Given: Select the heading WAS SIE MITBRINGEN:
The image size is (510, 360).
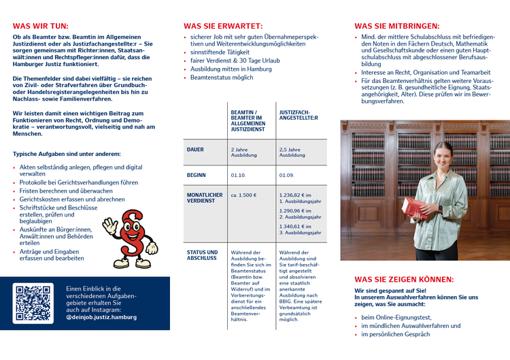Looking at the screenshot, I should coord(396,25).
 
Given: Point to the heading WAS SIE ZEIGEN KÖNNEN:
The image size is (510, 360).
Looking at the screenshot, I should coord(404,279).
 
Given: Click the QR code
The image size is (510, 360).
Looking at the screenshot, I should coord(33,303).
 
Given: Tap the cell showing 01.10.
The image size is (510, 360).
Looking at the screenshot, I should coord(238,175).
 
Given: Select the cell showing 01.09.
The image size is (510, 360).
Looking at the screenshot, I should coord(286,175).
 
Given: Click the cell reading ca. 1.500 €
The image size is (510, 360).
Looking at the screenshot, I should coord(243,195).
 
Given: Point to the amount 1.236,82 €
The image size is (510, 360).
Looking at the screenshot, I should coord(295,195).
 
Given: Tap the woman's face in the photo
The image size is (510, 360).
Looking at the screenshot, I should coord(443,154).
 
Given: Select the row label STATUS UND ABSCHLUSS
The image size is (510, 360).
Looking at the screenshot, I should coord(202,255).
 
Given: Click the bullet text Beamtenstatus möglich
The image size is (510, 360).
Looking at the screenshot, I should coord(221,78).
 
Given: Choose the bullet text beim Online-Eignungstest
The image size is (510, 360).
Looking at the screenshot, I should coord(396,317).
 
